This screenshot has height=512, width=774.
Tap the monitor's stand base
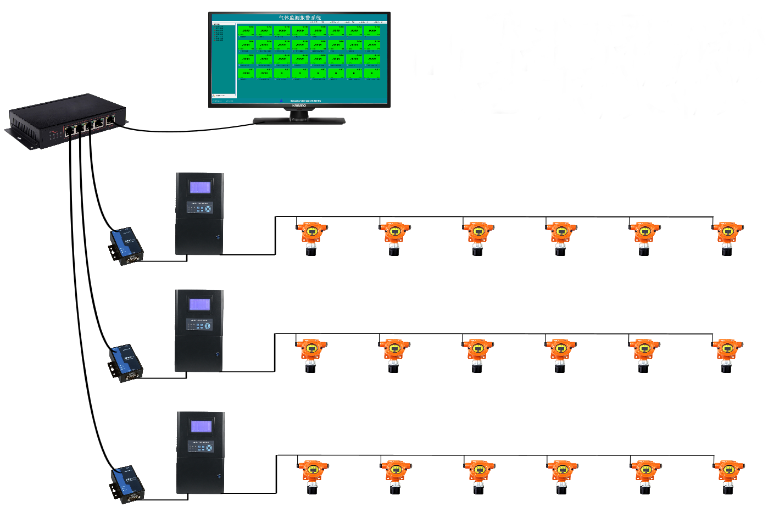[x=299, y=121]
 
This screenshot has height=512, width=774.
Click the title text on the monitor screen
[x=299, y=18]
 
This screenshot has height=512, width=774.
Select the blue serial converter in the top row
[x=126, y=246]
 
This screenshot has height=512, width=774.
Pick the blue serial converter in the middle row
[x=126, y=363]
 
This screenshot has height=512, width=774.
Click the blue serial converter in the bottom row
[x=127, y=484]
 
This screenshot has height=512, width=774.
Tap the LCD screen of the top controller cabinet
[x=200, y=187]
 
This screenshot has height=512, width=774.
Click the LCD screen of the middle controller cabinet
[x=199, y=304]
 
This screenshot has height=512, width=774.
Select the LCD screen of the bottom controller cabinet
[x=201, y=426]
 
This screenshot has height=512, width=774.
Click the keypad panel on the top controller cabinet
[x=199, y=208]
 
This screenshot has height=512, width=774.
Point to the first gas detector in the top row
[x=311, y=237]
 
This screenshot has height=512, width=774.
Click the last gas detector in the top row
[x=728, y=237]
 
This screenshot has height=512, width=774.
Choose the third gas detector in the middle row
[x=477, y=354]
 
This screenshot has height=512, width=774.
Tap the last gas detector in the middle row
[x=727, y=354]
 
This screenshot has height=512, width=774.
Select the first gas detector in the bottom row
[x=313, y=475]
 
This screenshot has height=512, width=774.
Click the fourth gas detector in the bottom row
[x=562, y=475]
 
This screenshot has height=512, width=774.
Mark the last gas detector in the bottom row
[x=729, y=475]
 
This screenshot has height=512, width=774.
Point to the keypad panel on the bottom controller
[x=201, y=447]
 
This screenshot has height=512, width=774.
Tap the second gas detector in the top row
[x=394, y=237]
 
